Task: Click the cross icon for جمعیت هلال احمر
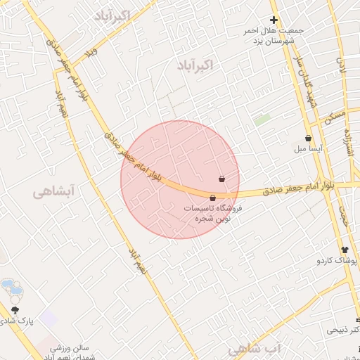274,20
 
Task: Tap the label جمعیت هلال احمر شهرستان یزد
267,37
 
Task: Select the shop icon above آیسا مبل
309,139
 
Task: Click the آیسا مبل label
309,150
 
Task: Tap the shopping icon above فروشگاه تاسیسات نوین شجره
212,198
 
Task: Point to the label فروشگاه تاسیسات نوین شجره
212,214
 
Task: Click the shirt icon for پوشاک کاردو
344,250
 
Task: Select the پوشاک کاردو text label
337,261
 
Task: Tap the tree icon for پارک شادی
15,309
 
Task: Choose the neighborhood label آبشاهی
53,190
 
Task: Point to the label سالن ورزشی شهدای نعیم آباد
70,353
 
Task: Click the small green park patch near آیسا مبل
262,120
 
